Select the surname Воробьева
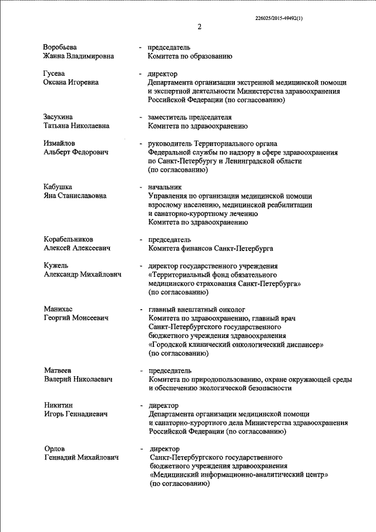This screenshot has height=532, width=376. pyautogui.click(x=61, y=46)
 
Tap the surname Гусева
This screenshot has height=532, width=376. pyautogui.click(x=54, y=73)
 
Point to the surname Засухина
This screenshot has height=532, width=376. pyautogui.click(x=59, y=117)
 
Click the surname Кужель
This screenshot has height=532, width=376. pyautogui.click(x=56, y=266)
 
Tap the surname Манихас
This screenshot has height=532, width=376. pyautogui.click(x=59, y=309)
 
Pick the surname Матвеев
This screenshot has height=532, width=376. pyautogui.click(x=58, y=370)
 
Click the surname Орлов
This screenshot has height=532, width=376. pyautogui.click(x=55, y=449)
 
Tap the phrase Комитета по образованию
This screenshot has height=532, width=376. pyautogui.click(x=191, y=56)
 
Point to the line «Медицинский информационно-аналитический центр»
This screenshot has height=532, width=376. pyautogui.click(x=239, y=475)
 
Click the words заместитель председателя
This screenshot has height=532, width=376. pyautogui.click(x=190, y=117)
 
